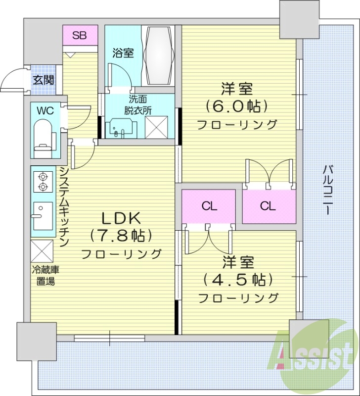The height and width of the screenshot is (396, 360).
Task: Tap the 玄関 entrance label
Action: [x=44, y=80]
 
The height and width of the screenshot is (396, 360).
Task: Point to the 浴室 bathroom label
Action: [x=123, y=53]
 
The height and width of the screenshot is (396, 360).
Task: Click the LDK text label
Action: [x=122, y=217]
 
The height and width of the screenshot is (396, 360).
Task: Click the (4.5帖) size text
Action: [x=238, y=279]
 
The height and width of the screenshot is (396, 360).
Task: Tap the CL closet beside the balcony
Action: [x=268, y=206]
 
